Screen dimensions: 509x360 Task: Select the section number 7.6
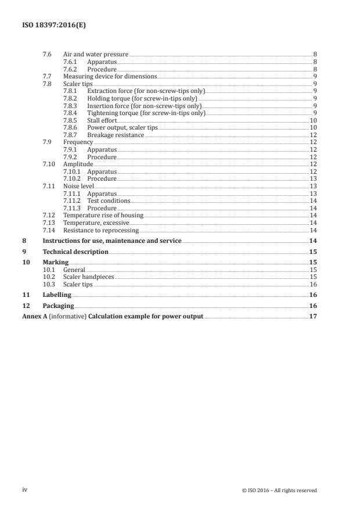pyautogui.click(x=47, y=55)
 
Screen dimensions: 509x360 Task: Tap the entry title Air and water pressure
pyautogui.click(x=96, y=55)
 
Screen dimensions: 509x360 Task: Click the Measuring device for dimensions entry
pyautogui.click(x=110, y=77)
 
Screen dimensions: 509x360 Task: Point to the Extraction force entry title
pyautogui.click(x=145, y=91)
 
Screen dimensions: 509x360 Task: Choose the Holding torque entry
pyautogui.click(x=142, y=99)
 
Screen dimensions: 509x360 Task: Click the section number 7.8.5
pyautogui.click(x=71, y=120)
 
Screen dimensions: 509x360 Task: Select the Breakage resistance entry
pyautogui.click(x=115, y=135)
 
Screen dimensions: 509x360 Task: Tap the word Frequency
pyautogui.click(x=78, y=142)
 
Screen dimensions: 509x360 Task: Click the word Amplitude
pyautogui.click(x=78, y=164)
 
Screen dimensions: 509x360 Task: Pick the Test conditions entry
pyautogui.click(x=109, y=200)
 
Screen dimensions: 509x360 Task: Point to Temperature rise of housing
pyautogui.click(x=103, y=216)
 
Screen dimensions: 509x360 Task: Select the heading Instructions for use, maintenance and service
pyautogui.click(x=112, y=241)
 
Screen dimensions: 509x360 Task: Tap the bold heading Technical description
pyautogui.click(x=75, y=252)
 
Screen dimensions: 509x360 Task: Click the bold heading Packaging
pyautogui.click(x=58, y=306)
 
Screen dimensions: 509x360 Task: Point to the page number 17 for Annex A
pyautogui.click(x=313, y=317)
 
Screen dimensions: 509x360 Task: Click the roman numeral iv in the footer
pyautogui.click(x=24, y=490)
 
